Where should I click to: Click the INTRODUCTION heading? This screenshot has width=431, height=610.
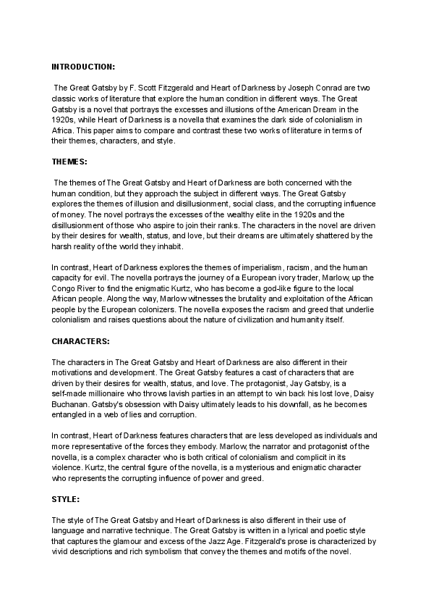coord(83,67)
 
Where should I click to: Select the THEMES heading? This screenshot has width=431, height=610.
coord(69,162)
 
